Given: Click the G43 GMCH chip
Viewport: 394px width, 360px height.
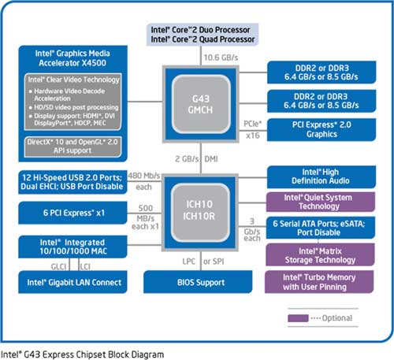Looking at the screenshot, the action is click(x=201, y=104).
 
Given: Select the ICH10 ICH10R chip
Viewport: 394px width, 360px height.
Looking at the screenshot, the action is click(x=200, y=213).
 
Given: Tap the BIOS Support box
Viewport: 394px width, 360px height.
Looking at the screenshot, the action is click(x=198, y=282).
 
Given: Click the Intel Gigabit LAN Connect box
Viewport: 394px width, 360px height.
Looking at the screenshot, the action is click(x=72, y=282).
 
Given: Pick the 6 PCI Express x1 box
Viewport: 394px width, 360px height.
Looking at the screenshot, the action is click(x=72, y=213).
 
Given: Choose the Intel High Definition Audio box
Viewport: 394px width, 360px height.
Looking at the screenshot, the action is click(x=322, y=176).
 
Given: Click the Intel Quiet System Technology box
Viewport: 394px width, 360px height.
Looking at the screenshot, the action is click(x=321, y=202).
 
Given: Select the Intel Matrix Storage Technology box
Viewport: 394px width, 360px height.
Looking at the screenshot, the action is click(x=320, y=254).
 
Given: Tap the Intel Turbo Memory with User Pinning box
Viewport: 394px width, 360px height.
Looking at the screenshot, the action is click(x=319, y=282).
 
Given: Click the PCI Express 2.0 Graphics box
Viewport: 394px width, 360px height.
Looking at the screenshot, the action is click(x=322, y=129).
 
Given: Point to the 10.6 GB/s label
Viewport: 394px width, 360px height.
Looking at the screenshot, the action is click(x=221, y=58).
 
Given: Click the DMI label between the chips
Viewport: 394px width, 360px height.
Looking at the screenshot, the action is click(x=211, y=159).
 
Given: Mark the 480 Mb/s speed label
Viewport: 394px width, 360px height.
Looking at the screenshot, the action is click(x=144, y=176).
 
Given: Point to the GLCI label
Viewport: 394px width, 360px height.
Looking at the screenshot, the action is click(x=58, y=266).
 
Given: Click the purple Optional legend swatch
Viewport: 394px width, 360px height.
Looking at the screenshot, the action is click(x=298, y=318).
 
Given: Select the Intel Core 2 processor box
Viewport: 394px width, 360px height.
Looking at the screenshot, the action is click(x=203, y=35).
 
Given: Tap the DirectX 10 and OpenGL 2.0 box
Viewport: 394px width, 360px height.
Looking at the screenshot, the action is click(x=72, y=147).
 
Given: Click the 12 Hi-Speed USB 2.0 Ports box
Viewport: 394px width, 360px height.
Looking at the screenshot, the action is click(x=72, y=182).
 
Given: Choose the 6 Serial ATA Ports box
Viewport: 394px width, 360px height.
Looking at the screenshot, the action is click(x=321, y=228).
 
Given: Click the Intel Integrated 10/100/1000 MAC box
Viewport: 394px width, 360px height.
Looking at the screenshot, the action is click(x=72, y=247).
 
